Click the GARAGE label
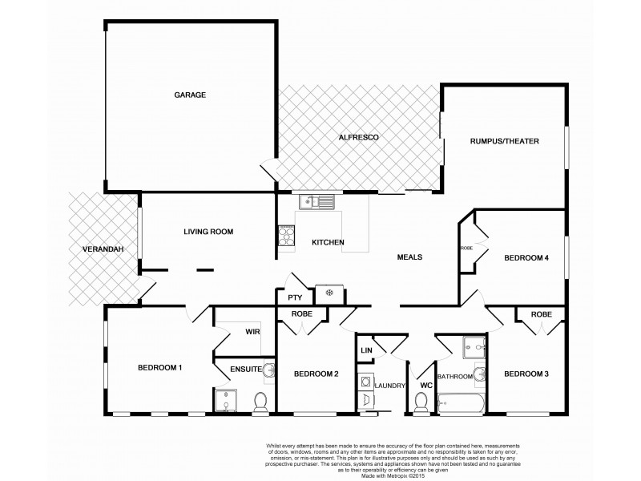coord(191,95)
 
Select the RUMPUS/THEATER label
coord(505,141)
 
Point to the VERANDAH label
coord(103,250)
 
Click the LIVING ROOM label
coord(208,232)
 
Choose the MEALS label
coord(409,257)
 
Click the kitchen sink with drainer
coord(316,201)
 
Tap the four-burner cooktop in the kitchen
coord(285,235)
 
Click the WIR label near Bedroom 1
coord(252,330)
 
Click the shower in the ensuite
coord(225,401)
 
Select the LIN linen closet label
coord(366,350)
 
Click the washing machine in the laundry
coord(365,382)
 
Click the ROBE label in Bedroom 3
coord(542,314)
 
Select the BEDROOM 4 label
coord(526,258)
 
